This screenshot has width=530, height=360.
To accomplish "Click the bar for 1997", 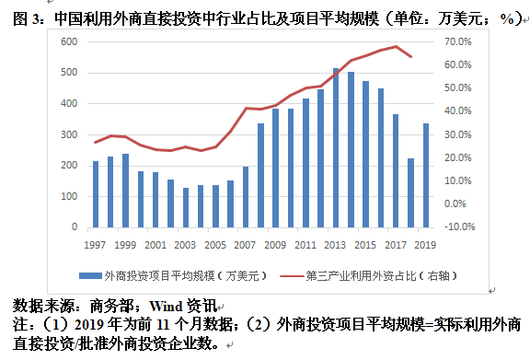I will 96,194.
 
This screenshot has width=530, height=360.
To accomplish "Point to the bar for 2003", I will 186,207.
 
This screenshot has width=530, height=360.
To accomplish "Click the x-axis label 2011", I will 305,244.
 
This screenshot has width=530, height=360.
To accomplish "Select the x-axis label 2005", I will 215,244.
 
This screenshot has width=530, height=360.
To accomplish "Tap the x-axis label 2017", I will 395,244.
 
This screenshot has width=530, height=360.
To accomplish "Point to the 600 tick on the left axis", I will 67,42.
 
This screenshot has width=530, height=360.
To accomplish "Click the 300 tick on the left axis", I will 67,134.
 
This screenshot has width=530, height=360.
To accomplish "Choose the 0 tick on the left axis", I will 74,226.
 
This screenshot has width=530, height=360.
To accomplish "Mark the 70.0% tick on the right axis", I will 457,42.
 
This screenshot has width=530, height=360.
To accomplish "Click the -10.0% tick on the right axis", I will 457,226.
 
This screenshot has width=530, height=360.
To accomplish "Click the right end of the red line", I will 410,58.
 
